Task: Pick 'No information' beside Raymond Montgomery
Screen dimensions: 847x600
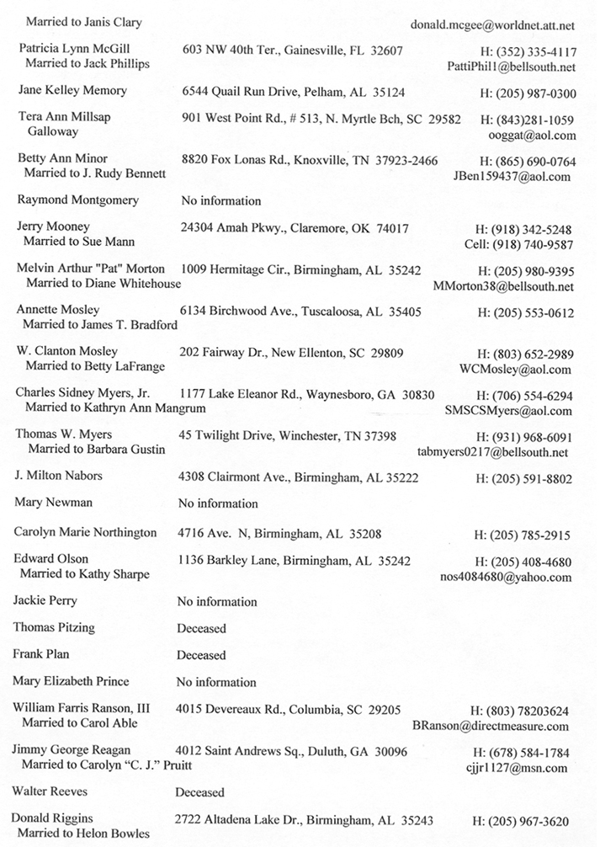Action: pyautogui.click(x=220, y=201)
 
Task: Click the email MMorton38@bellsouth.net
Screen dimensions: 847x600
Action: pyautogui.click(x=503, y=286)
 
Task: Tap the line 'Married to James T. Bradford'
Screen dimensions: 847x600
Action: pyautogui.click(x=100, y=325)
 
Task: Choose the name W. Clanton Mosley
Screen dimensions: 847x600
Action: pyautogui.click(x=67, y=351)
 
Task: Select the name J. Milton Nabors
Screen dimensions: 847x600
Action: pyautogui.click(x=59, y=476)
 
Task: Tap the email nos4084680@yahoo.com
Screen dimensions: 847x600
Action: pyautogui.click(x=506, y=577)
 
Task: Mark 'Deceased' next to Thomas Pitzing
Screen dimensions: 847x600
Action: pyautogui.click(x=201, y=628)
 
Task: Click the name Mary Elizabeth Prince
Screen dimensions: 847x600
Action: pyautogui.click(x=72, y=681)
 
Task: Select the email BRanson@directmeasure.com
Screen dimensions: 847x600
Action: pyautogui.click(x=491, y=725)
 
